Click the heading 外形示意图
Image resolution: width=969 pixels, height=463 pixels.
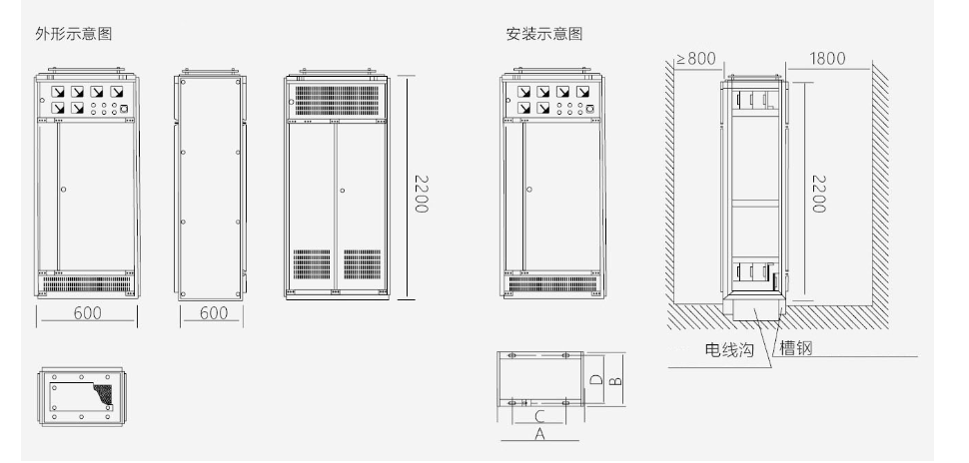[74, 33]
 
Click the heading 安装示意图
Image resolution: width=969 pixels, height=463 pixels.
[544, 33]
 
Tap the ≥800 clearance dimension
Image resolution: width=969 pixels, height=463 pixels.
[696, 59]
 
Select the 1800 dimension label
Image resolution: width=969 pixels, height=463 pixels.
[827, 59]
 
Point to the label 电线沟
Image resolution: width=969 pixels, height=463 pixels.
[730, 350]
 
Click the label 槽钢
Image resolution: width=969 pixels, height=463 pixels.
[796, 347]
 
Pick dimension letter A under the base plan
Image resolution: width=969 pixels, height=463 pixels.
[539, 433]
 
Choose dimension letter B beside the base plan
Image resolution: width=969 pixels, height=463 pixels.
[615, 380]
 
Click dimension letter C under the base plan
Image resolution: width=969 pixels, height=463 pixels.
[538, 416]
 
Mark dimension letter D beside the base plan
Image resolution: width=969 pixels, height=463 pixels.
[595, 379]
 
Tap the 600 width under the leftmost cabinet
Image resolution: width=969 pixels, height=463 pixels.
[88, 313]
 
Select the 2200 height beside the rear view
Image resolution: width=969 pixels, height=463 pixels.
[421, 194]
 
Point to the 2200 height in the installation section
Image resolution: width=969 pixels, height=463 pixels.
[818, 194]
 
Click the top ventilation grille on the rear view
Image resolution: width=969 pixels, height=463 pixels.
[337, 100]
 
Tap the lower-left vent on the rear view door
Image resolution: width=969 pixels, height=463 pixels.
[312, 264]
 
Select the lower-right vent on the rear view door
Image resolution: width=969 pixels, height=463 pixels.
[363, 264]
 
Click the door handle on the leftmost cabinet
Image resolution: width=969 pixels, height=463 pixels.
[63, 190]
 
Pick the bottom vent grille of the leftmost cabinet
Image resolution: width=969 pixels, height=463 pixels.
[87, 284]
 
